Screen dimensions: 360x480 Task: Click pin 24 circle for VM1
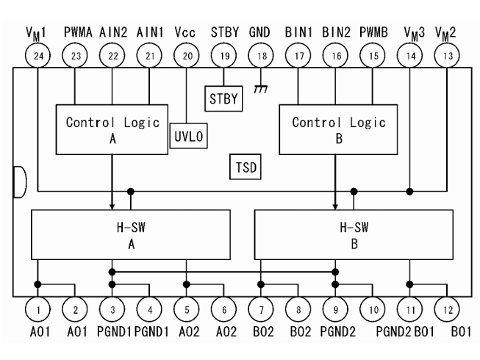click(x=37, y=54)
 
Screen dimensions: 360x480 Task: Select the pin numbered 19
click(x=223, y=54)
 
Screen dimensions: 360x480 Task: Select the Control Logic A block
click(x=112, y=129)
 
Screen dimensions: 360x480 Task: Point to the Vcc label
click(x=186, y=32)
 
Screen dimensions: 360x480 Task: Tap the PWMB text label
click(x=372, y=32)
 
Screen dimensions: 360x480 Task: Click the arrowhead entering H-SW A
click(x=112, y=206)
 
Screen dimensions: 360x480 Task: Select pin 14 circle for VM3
click(x=409, y=54)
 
